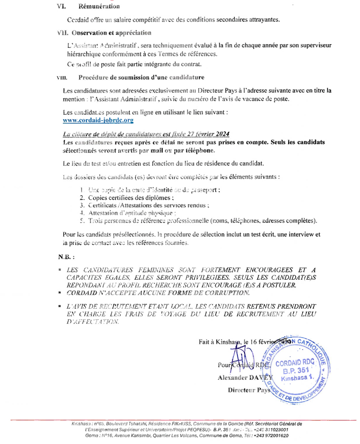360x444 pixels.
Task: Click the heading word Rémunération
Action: point(99,7)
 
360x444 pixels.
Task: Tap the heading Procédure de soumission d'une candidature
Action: point(141,78)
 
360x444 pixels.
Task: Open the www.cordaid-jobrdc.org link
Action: point(98,121)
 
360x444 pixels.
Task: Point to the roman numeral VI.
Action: point(61,7)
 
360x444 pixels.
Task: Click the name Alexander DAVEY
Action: point(245,377)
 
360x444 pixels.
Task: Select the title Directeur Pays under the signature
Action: point(249,390)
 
